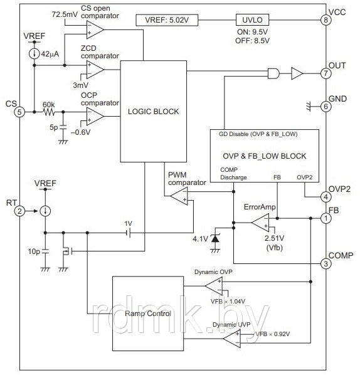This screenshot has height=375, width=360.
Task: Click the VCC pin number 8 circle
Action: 326,20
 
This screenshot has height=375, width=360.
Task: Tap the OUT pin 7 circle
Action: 326,73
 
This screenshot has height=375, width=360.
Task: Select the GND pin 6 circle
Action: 326,107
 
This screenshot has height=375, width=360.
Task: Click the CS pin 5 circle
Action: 19,112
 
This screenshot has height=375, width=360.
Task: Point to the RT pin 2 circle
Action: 19,211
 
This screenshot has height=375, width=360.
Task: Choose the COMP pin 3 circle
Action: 326,264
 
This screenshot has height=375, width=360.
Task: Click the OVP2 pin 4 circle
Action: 326,197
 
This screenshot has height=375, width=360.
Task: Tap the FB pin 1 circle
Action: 326,218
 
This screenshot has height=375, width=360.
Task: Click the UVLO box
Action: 252,20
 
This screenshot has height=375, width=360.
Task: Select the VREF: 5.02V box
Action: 167,20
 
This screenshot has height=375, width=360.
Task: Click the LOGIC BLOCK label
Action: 153,112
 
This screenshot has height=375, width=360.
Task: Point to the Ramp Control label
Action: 148,314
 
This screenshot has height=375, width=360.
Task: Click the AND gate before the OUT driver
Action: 273,73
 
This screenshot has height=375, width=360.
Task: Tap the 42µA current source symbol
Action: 34,54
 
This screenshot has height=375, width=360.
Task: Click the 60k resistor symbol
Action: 49,112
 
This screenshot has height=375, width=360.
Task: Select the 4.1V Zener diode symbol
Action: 215,238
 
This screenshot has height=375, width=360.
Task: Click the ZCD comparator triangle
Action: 95,70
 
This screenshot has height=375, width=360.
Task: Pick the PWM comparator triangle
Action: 179,196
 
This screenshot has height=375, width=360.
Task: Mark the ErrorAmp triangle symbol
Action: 260,223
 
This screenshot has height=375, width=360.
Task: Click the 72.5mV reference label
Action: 65,14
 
